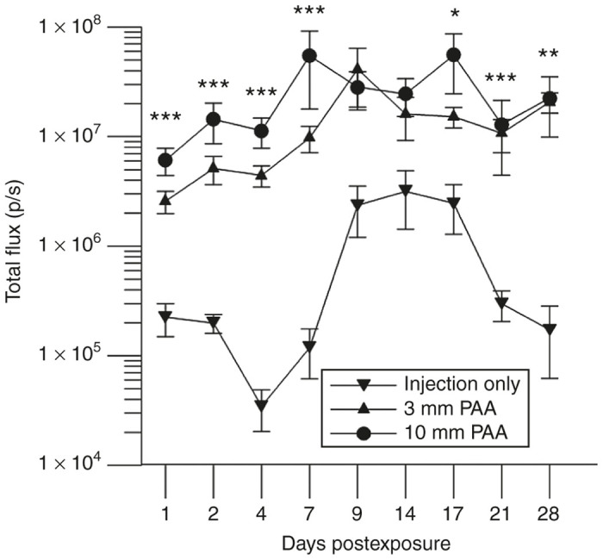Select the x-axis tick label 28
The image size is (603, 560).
[549, 514]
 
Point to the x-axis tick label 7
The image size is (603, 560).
[308, 514]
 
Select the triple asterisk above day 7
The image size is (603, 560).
[308, 12]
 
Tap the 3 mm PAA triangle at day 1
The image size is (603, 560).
[165, 200]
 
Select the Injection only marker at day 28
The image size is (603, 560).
[549, 329]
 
